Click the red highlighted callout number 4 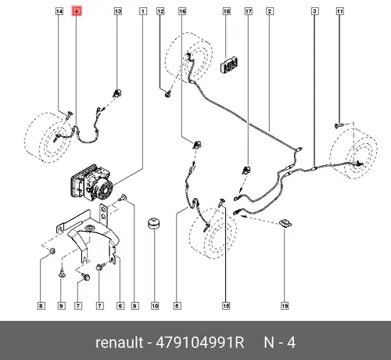(x=77, y=11)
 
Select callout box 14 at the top (x=59, y=11)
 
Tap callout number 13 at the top (x=118, y=11)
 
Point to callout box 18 (x=227, y=11)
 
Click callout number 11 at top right (x=339, y=11)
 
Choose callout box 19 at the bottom (x=285, y=306)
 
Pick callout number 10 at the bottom (x=155, y=306)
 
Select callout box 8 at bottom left (x=41, y=306)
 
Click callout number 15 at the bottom (x=226, y=306)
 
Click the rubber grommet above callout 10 (x=154, y=224)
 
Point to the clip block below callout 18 (x=229, y=65)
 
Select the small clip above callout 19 (x=285, y=224)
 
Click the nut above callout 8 (x=52, y=251)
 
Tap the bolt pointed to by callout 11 (x=339, y=126)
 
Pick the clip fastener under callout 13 (x=118, y=93)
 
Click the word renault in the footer (x=119, y=342)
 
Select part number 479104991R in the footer (x=199, y=342)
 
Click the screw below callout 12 (x=167, y=94)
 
